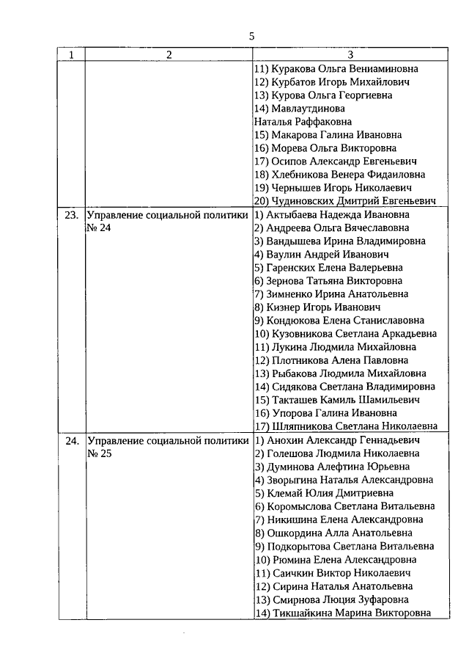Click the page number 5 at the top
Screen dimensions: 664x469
251,35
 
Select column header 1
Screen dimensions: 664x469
71,55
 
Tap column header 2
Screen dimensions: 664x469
169,55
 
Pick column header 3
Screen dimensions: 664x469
350,55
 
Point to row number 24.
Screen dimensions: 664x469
71,441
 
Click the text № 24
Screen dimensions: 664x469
98,228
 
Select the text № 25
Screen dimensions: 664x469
98,454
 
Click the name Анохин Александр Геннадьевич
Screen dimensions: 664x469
339,441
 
